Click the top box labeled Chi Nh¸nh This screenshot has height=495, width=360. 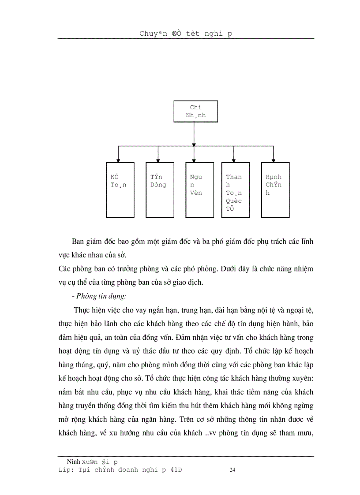[x=195, y=112]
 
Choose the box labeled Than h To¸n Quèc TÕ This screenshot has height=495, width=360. [x=235, y=190]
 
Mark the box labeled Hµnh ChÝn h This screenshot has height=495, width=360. [x=275, y=190]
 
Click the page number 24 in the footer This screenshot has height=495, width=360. [x=232, y=470]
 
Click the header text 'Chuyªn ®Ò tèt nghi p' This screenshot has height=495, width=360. [x=186, y=33]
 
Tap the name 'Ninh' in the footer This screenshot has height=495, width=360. [x=73, y=462]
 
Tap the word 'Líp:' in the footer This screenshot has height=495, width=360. [x=66, y=470]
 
